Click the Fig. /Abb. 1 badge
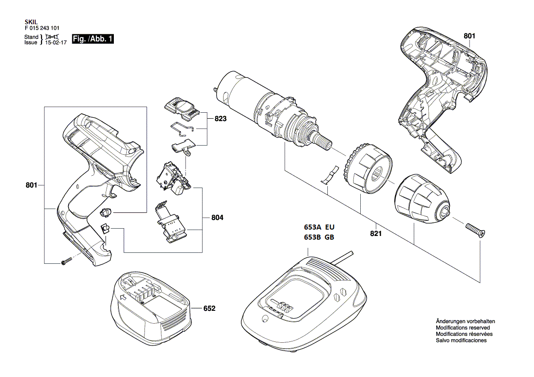pyautogui.click(x=93, y=39)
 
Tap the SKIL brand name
pyautogui.click(x=31, y=22)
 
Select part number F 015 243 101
pyautogui.click(x=42, y=28)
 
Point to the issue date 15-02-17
pyautogui.click(x=56, y=42)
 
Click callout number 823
pyautogui.click(x=220, y=119)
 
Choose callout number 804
pyautogui.click(x=217, y=218)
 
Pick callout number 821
pyautogui.click(x=376, y=234)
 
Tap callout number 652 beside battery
pyautogui.click(x=209, y=309)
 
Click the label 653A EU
pyautogui.click(x=319, y=227)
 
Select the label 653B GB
pyautogui.click(x=319, y=237)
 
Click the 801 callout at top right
pyautogui.click(x=469, y=36)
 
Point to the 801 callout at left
pyautogui.click(x=32, y=185)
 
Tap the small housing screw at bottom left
pyautogui.click(x=67, y=261)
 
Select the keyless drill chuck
pyautogui.click(x=422, y=199)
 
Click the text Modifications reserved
pyautogui.click(x=463, y=328)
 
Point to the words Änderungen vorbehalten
pyautogui.click(x=465, y=321)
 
